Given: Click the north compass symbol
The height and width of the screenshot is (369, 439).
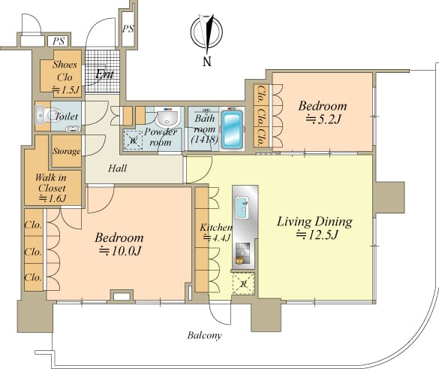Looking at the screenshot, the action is coord(207,32).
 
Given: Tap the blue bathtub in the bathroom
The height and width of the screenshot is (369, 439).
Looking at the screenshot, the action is coord(232,129).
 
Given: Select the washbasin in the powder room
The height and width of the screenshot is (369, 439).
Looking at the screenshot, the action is coord(167,118).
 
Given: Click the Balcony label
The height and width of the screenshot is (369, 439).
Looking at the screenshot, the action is coord(205,335).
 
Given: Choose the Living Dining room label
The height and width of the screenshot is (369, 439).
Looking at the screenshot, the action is coord(314,228).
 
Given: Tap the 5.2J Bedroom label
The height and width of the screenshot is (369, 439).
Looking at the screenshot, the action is coord(323,113).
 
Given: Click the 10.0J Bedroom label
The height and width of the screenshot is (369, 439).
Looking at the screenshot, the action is coord(119,244).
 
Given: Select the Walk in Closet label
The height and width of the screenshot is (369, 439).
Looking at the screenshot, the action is coord(52,188).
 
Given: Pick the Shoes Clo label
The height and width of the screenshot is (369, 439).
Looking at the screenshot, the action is coord(65,77).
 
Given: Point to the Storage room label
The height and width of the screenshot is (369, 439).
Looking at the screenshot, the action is coord(67,151).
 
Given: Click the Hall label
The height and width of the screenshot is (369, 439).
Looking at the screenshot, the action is coord(118,168).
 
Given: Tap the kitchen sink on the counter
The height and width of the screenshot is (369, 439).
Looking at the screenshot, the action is coord(242,207).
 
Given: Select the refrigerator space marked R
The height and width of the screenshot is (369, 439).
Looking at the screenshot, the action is coord(243,283).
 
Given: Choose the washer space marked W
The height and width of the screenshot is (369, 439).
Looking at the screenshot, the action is coord(133,140).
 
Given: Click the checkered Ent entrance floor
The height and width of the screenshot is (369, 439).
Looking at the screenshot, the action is coord(102,71).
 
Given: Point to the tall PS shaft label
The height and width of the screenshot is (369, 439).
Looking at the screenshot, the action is coord(128,29).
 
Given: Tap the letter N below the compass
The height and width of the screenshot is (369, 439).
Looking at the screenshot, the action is coord(207,62).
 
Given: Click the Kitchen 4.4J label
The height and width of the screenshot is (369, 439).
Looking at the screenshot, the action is coord(216,232).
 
